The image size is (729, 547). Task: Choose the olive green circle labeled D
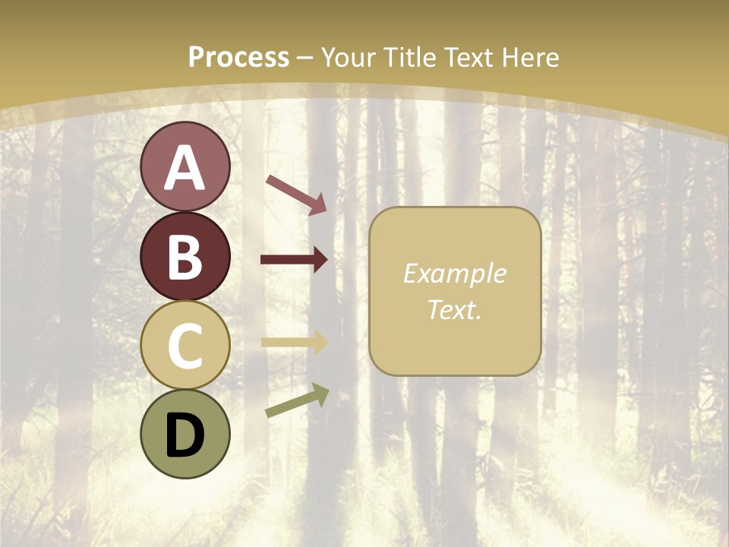pos(185,434)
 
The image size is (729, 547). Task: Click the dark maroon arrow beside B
pos(294,260)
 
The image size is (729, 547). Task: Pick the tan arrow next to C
pos(294,342)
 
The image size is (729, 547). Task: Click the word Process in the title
pos(238,58)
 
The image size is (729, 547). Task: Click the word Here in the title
pos(529,58)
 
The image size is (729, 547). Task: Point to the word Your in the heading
pos(346,58)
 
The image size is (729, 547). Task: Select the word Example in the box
pos(454,273)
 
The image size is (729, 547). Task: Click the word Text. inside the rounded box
pos(454,309)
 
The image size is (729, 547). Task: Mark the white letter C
pos(185,346)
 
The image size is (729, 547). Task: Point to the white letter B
pos(185,258)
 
